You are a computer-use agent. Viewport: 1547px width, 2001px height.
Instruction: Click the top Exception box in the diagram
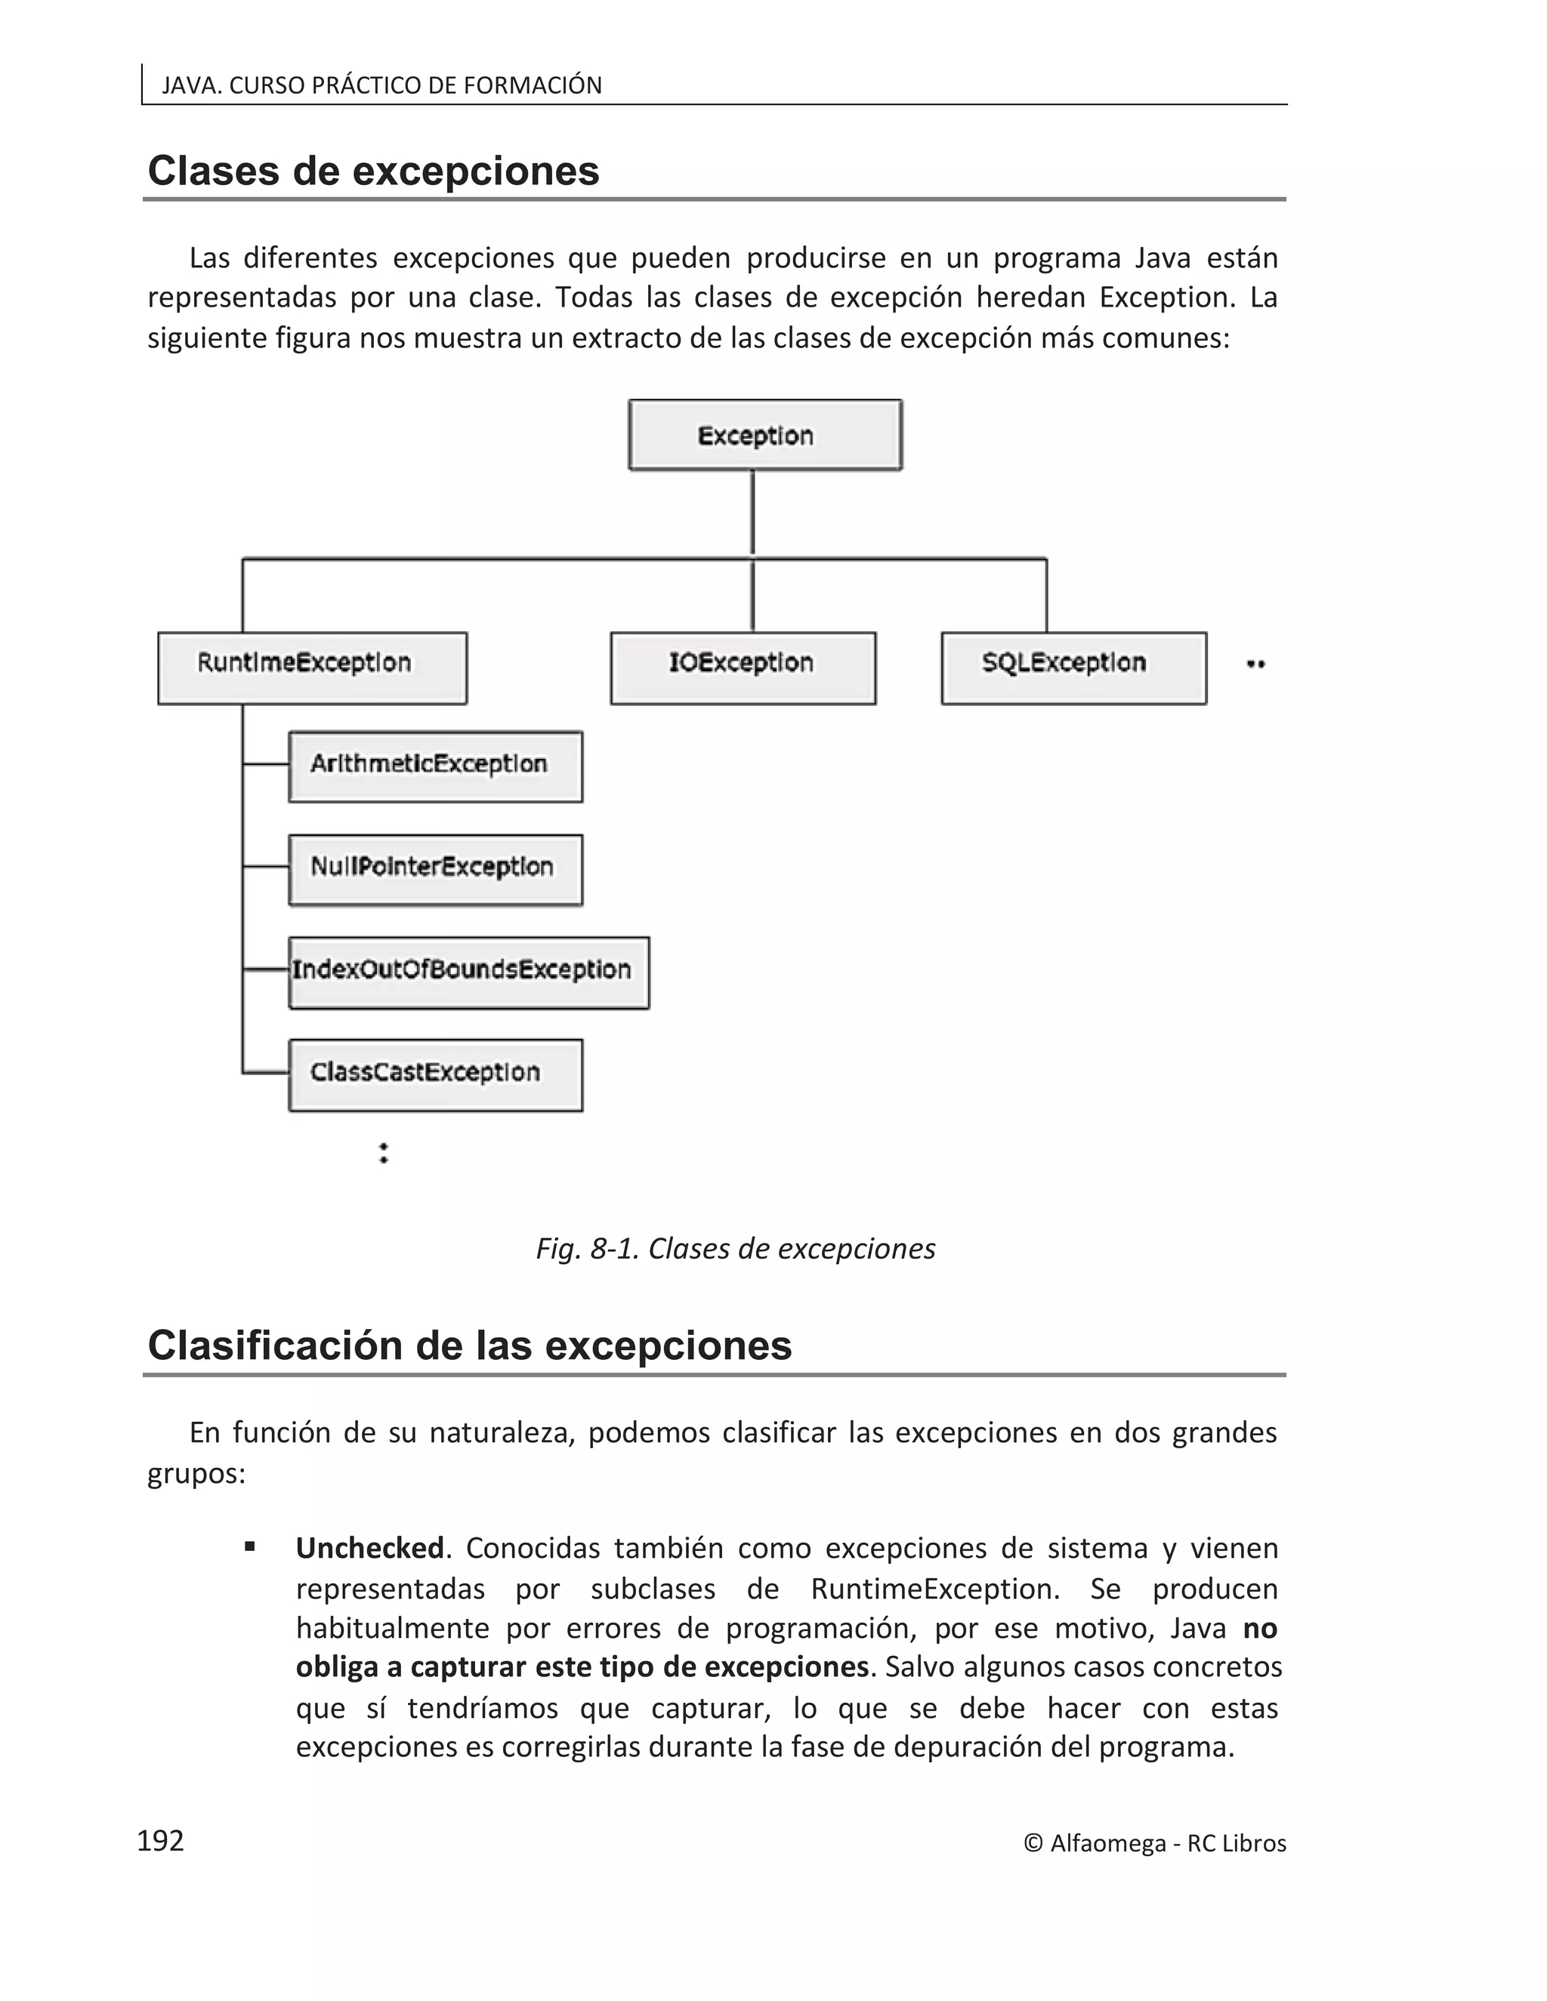765,435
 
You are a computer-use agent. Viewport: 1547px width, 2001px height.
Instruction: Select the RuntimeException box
312,668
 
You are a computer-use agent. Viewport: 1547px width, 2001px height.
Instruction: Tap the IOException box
743,668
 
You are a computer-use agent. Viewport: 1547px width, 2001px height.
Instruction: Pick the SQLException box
1073,668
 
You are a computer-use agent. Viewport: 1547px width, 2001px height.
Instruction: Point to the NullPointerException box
435,869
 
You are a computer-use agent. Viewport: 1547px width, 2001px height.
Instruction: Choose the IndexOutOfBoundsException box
468,972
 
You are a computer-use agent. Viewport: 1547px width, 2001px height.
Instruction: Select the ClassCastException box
435,1074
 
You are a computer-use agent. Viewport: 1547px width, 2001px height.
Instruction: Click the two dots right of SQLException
1255,664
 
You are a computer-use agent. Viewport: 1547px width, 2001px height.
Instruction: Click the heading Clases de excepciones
373,171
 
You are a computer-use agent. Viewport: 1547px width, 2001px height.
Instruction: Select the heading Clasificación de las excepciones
469,1346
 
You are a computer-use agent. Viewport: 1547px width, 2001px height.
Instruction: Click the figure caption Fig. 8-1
735,1249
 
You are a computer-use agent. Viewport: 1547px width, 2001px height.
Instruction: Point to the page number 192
160,1841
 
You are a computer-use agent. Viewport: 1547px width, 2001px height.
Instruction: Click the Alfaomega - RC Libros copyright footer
1155,1843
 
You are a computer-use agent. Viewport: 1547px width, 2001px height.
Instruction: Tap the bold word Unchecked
369,1549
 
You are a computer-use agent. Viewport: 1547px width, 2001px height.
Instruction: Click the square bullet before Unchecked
249,1547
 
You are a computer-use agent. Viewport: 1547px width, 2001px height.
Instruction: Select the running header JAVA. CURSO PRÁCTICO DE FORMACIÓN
381,85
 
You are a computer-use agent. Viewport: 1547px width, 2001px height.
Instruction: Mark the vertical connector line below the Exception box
752,513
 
